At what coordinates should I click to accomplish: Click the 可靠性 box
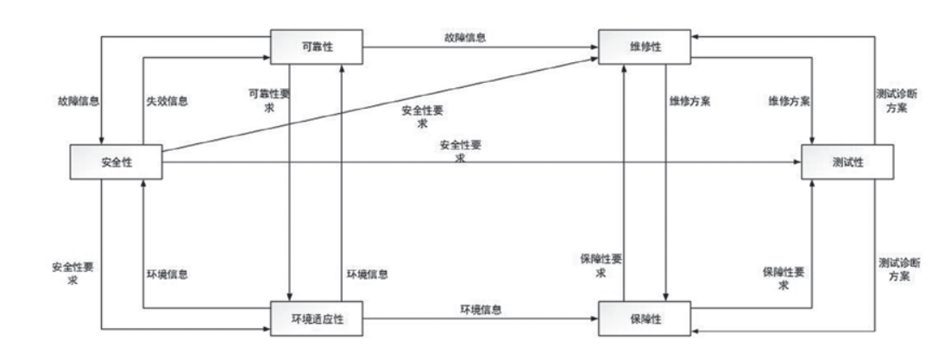coord(317,47)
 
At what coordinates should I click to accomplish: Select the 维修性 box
coord(646,47)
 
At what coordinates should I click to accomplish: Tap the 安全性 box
coord(117,161)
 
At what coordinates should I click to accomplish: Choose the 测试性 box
coord(847,161)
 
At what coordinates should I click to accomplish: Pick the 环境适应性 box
coord(317,318)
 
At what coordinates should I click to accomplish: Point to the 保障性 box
coord(646,318)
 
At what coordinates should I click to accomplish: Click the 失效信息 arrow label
coord(167,102)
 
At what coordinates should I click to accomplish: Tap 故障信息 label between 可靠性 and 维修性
coord(465,37)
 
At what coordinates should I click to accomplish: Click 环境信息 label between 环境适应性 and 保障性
coord(481,309)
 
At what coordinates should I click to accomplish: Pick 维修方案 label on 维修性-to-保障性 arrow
coord(690,101)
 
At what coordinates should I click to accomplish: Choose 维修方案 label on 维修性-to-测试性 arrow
coord(789,101)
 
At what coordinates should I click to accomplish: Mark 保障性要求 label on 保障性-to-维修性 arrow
coord(601,266)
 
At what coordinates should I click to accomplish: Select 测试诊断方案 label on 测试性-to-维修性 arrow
coord(895,101)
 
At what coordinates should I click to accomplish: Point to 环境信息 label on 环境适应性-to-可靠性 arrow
coord(368,274)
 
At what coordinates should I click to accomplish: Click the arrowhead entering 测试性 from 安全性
coord(797,162)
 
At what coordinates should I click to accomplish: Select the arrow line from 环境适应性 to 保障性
coord(481,318)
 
